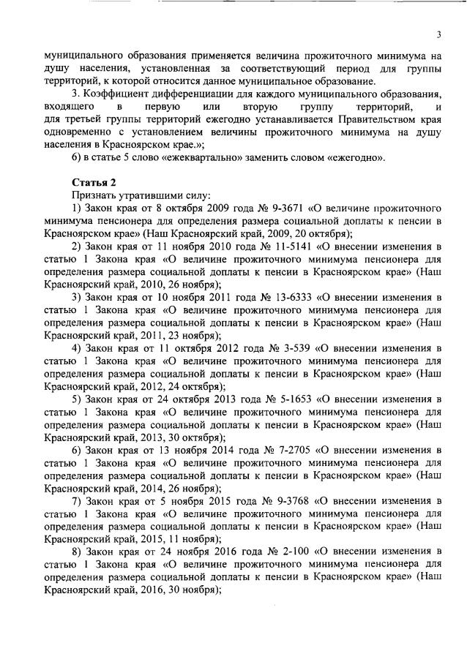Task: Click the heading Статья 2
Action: point(94,182)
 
